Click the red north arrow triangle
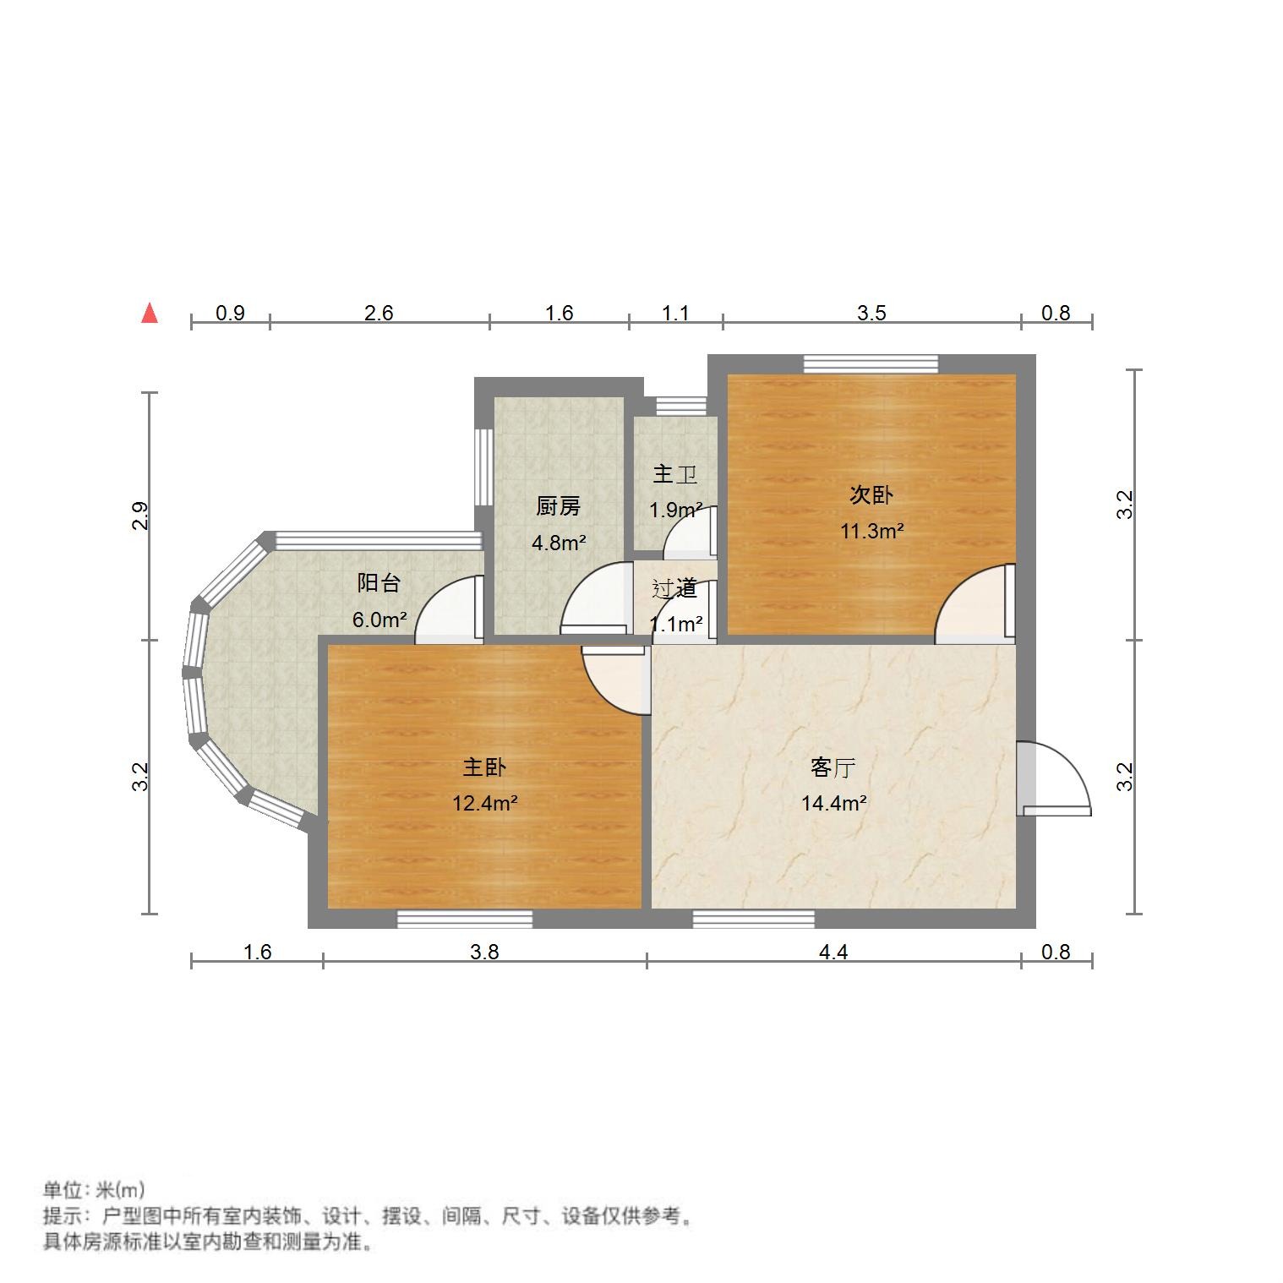(x=150, y=314)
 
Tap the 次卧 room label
(x=871, y=494)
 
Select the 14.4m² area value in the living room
(x=833, y=803)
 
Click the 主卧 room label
(x=484, y=767)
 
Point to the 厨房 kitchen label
(x=558, y=506)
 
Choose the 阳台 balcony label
(x=379, y=582)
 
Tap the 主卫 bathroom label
(x=674, y=474)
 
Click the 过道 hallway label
(x=674, y=588)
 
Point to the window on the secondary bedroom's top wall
(x=871, y=364)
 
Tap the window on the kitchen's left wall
(x=483, y=467)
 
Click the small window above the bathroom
(x=680, y=406)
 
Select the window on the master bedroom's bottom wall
(x=465, y=919)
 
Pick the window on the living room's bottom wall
(x=753, y=919)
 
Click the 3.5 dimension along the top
(x=871, y=313)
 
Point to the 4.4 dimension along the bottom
(x=833, y=952)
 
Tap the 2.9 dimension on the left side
(x=140, y=516)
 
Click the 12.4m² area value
(x=484, y=803)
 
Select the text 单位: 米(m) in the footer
(x=94, y=1190)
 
